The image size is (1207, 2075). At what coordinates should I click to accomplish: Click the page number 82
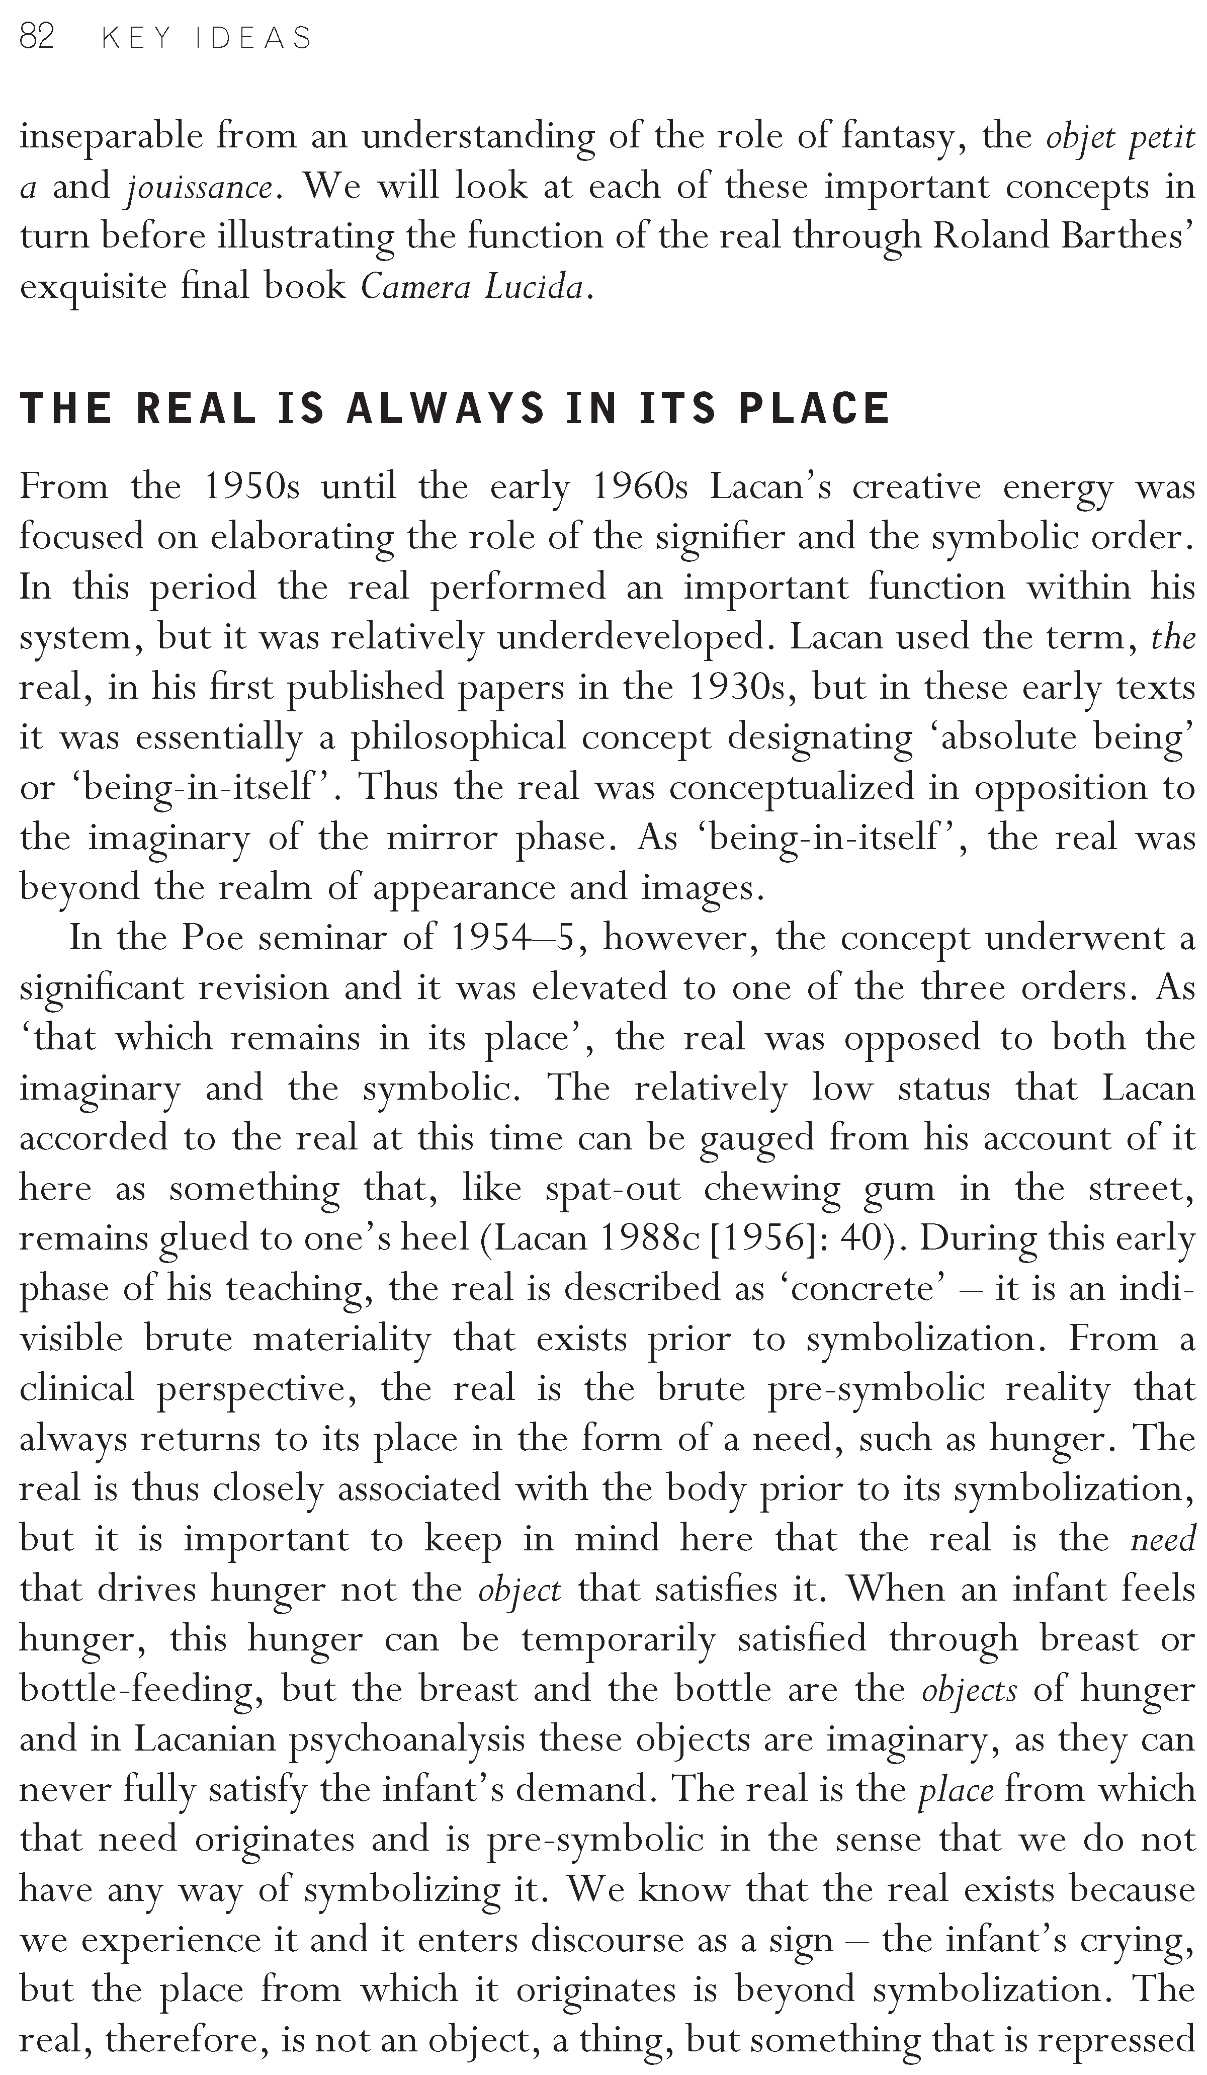tap(36, 38)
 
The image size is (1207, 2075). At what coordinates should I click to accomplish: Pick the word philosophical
tap(458, 738)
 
